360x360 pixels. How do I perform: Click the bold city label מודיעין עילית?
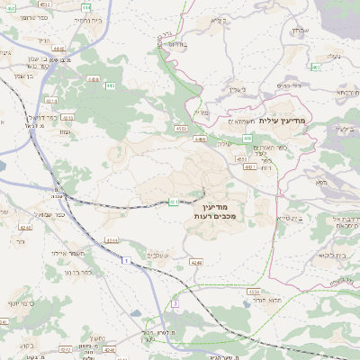[282, 120]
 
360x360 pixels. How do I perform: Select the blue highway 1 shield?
[127, 261]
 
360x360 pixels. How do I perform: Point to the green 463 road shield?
[316, 67]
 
